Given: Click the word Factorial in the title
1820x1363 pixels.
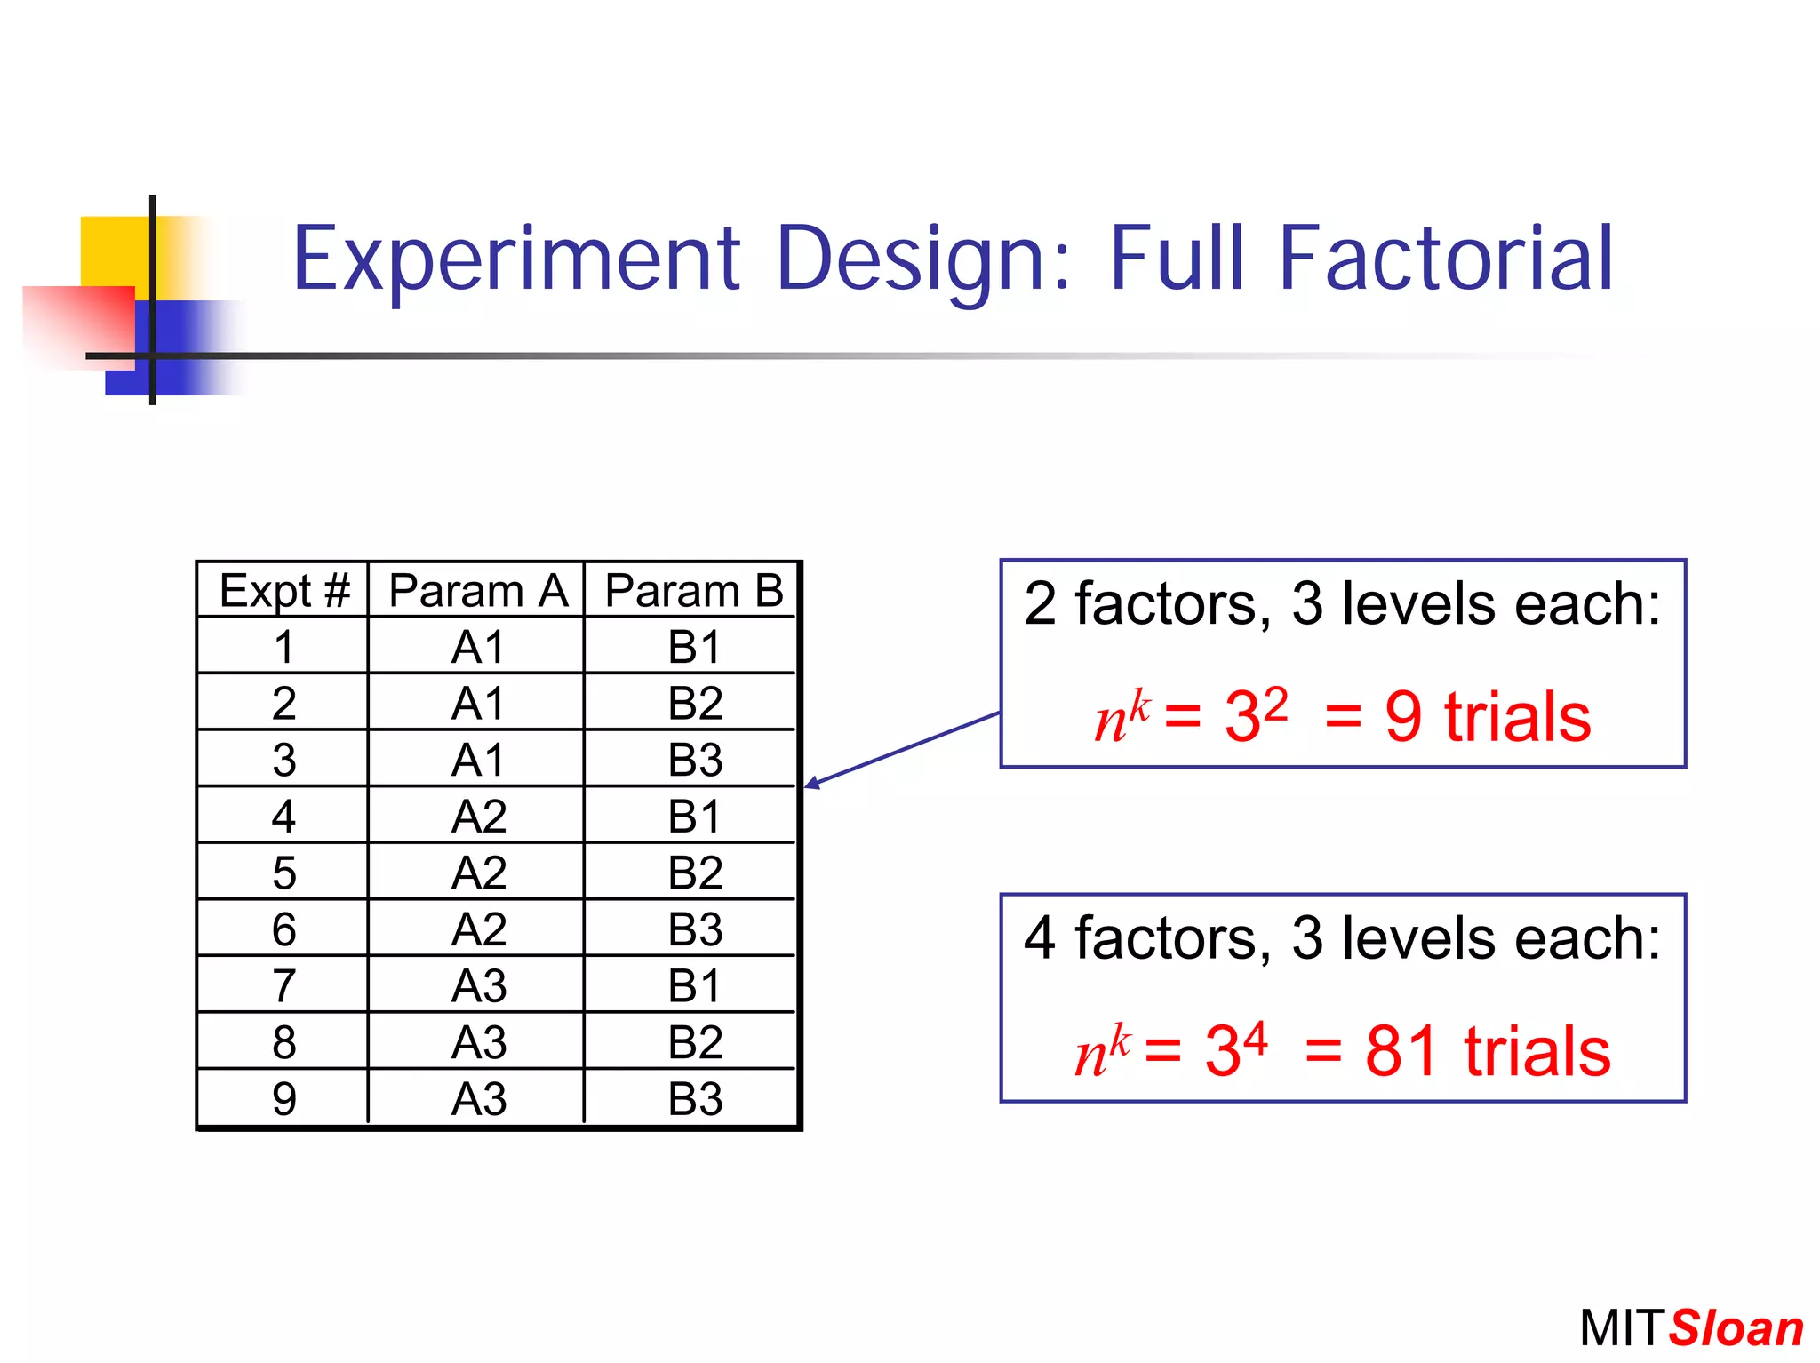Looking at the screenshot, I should coord(1445,259).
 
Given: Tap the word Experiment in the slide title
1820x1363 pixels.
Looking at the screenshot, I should coord(515,259).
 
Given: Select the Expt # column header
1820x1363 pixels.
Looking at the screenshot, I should coord(283,591).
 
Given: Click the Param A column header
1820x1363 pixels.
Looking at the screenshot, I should coord(477,591).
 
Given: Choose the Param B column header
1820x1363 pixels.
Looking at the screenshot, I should coord(693,591).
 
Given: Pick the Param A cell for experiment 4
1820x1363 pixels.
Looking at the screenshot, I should coord(478,816).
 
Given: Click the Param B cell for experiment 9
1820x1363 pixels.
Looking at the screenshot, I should coord(695,1098).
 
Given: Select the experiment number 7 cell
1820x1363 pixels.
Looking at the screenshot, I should coord(283,985).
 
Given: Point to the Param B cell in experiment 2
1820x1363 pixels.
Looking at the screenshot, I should coord(695,703).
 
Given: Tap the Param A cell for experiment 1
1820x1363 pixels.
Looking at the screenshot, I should coord(478,647).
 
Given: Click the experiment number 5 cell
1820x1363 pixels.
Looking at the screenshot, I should coord(283,873).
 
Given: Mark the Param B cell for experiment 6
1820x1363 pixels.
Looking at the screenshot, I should coord(695,929).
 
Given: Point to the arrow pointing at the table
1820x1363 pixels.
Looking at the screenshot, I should coord(901,748).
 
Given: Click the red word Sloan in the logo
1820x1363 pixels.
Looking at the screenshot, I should coord(1735,1328).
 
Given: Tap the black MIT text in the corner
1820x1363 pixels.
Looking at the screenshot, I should coord(1622,1328).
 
